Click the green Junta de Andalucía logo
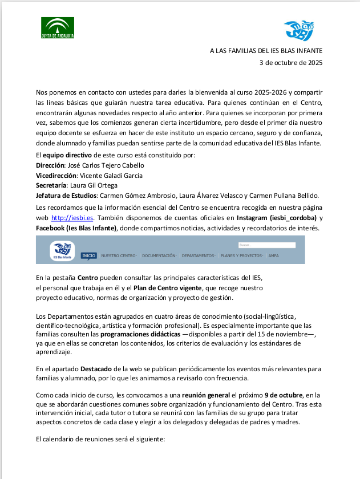pyautogui.click(x=58, y=27)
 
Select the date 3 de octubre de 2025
pyautogui.click(x=291, y=63)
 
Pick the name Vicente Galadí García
pyautogui.click(x=110, y=175)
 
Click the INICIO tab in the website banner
pyautogui.click(x=89, y=256)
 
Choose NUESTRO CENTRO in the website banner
pyautogui.click(x=118, y=256)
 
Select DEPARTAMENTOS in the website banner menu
pyautogui.click(x=199, y=256)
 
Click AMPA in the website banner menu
pyautogui.click(x=274, y=256)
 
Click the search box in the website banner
pyautogui.click(x=267, y=245)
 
